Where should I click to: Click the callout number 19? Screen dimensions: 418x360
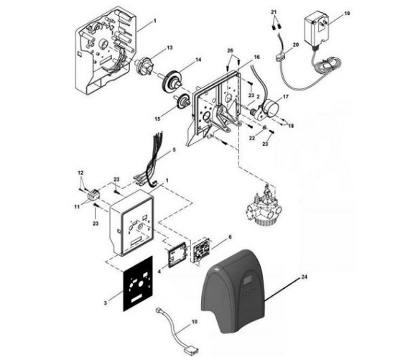[347, 14]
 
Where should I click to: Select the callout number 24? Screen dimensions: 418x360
[305, 277]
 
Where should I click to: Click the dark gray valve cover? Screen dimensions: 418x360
[233, 291]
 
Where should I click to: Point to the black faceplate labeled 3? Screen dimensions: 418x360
[138, 283]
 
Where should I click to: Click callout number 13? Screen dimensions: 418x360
[169, 47]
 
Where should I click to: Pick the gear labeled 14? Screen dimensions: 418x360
[172, 80]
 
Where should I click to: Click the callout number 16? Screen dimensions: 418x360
[256, 57]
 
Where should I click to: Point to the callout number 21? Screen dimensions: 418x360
[274, 12]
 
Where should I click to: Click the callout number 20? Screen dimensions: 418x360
[296, 45]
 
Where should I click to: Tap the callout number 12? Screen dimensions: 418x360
[80, 172]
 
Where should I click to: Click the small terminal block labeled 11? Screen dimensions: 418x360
[93, 195]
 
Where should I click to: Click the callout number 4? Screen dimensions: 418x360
[159, 272]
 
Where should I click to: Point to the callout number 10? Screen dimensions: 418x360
[195, 322]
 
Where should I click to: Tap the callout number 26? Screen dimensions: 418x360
[230, 50]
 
